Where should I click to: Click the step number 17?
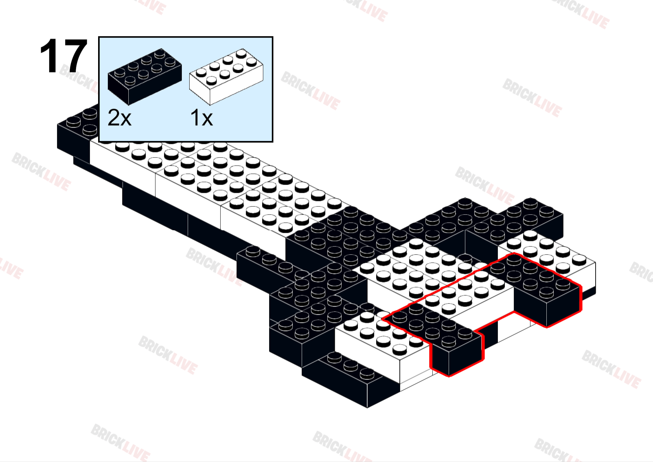(64, 56)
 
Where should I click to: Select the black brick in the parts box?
(145, 76)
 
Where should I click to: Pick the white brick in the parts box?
(226, 76)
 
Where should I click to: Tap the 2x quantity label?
(119, 118)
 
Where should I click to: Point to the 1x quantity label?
(202, 118)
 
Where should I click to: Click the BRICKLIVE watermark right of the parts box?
(311, 91)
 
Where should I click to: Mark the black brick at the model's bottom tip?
(350, 379)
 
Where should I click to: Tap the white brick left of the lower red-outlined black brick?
(382, 344)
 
